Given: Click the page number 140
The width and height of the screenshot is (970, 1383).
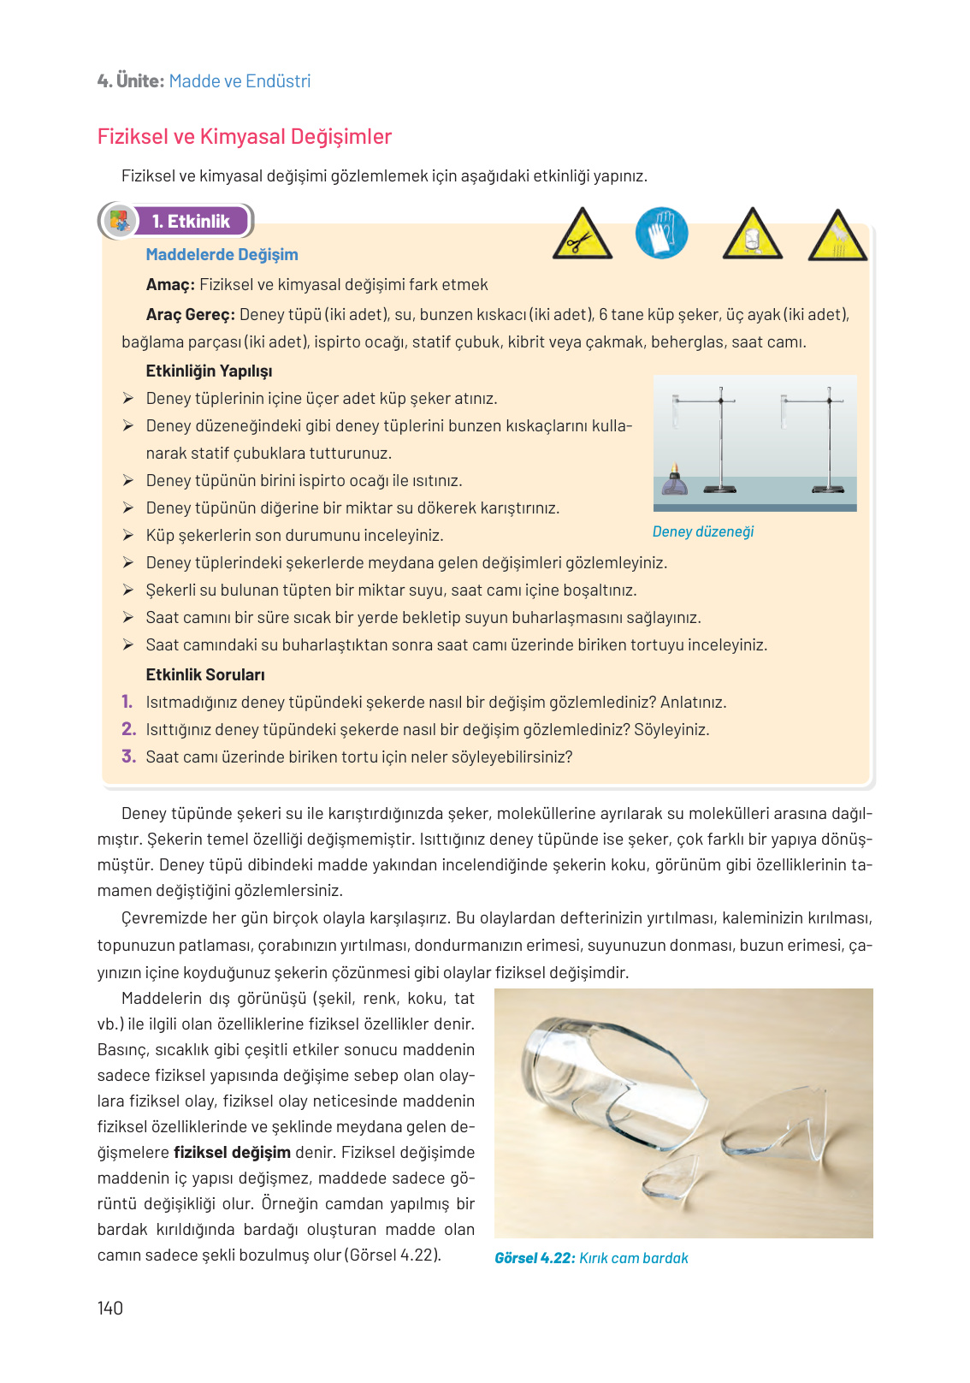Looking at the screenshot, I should tap(110, 1308).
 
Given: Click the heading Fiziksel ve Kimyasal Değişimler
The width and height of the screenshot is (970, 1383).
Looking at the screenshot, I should tap(244, 137).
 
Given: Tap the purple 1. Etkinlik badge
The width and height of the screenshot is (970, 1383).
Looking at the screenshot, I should tap(191, 222).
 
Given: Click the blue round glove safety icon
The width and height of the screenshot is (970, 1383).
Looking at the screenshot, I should tap(661, 233).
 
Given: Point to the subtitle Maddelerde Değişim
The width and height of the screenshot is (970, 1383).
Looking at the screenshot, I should tap(222, 254).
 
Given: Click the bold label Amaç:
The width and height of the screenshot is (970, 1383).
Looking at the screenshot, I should tap(170, 284).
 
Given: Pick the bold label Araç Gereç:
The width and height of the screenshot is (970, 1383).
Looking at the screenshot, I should tap(190, 314).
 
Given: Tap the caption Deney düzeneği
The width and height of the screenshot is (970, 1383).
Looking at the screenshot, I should tap(703, 531).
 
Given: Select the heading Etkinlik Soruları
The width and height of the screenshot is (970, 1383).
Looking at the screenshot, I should tap(205, 674).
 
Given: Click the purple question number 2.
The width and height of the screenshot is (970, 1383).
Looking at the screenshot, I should tap(128, 729).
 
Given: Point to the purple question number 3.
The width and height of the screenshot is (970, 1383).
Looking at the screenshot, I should tap(128, 757).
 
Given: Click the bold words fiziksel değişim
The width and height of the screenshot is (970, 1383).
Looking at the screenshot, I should tap(232, 1152).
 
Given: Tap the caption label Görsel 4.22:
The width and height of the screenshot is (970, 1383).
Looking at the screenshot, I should tap(534, 1258).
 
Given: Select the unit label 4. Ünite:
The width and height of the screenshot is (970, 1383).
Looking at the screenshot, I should tap(130, 81).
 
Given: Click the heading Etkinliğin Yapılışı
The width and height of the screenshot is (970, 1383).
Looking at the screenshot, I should tap(209, 371).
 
